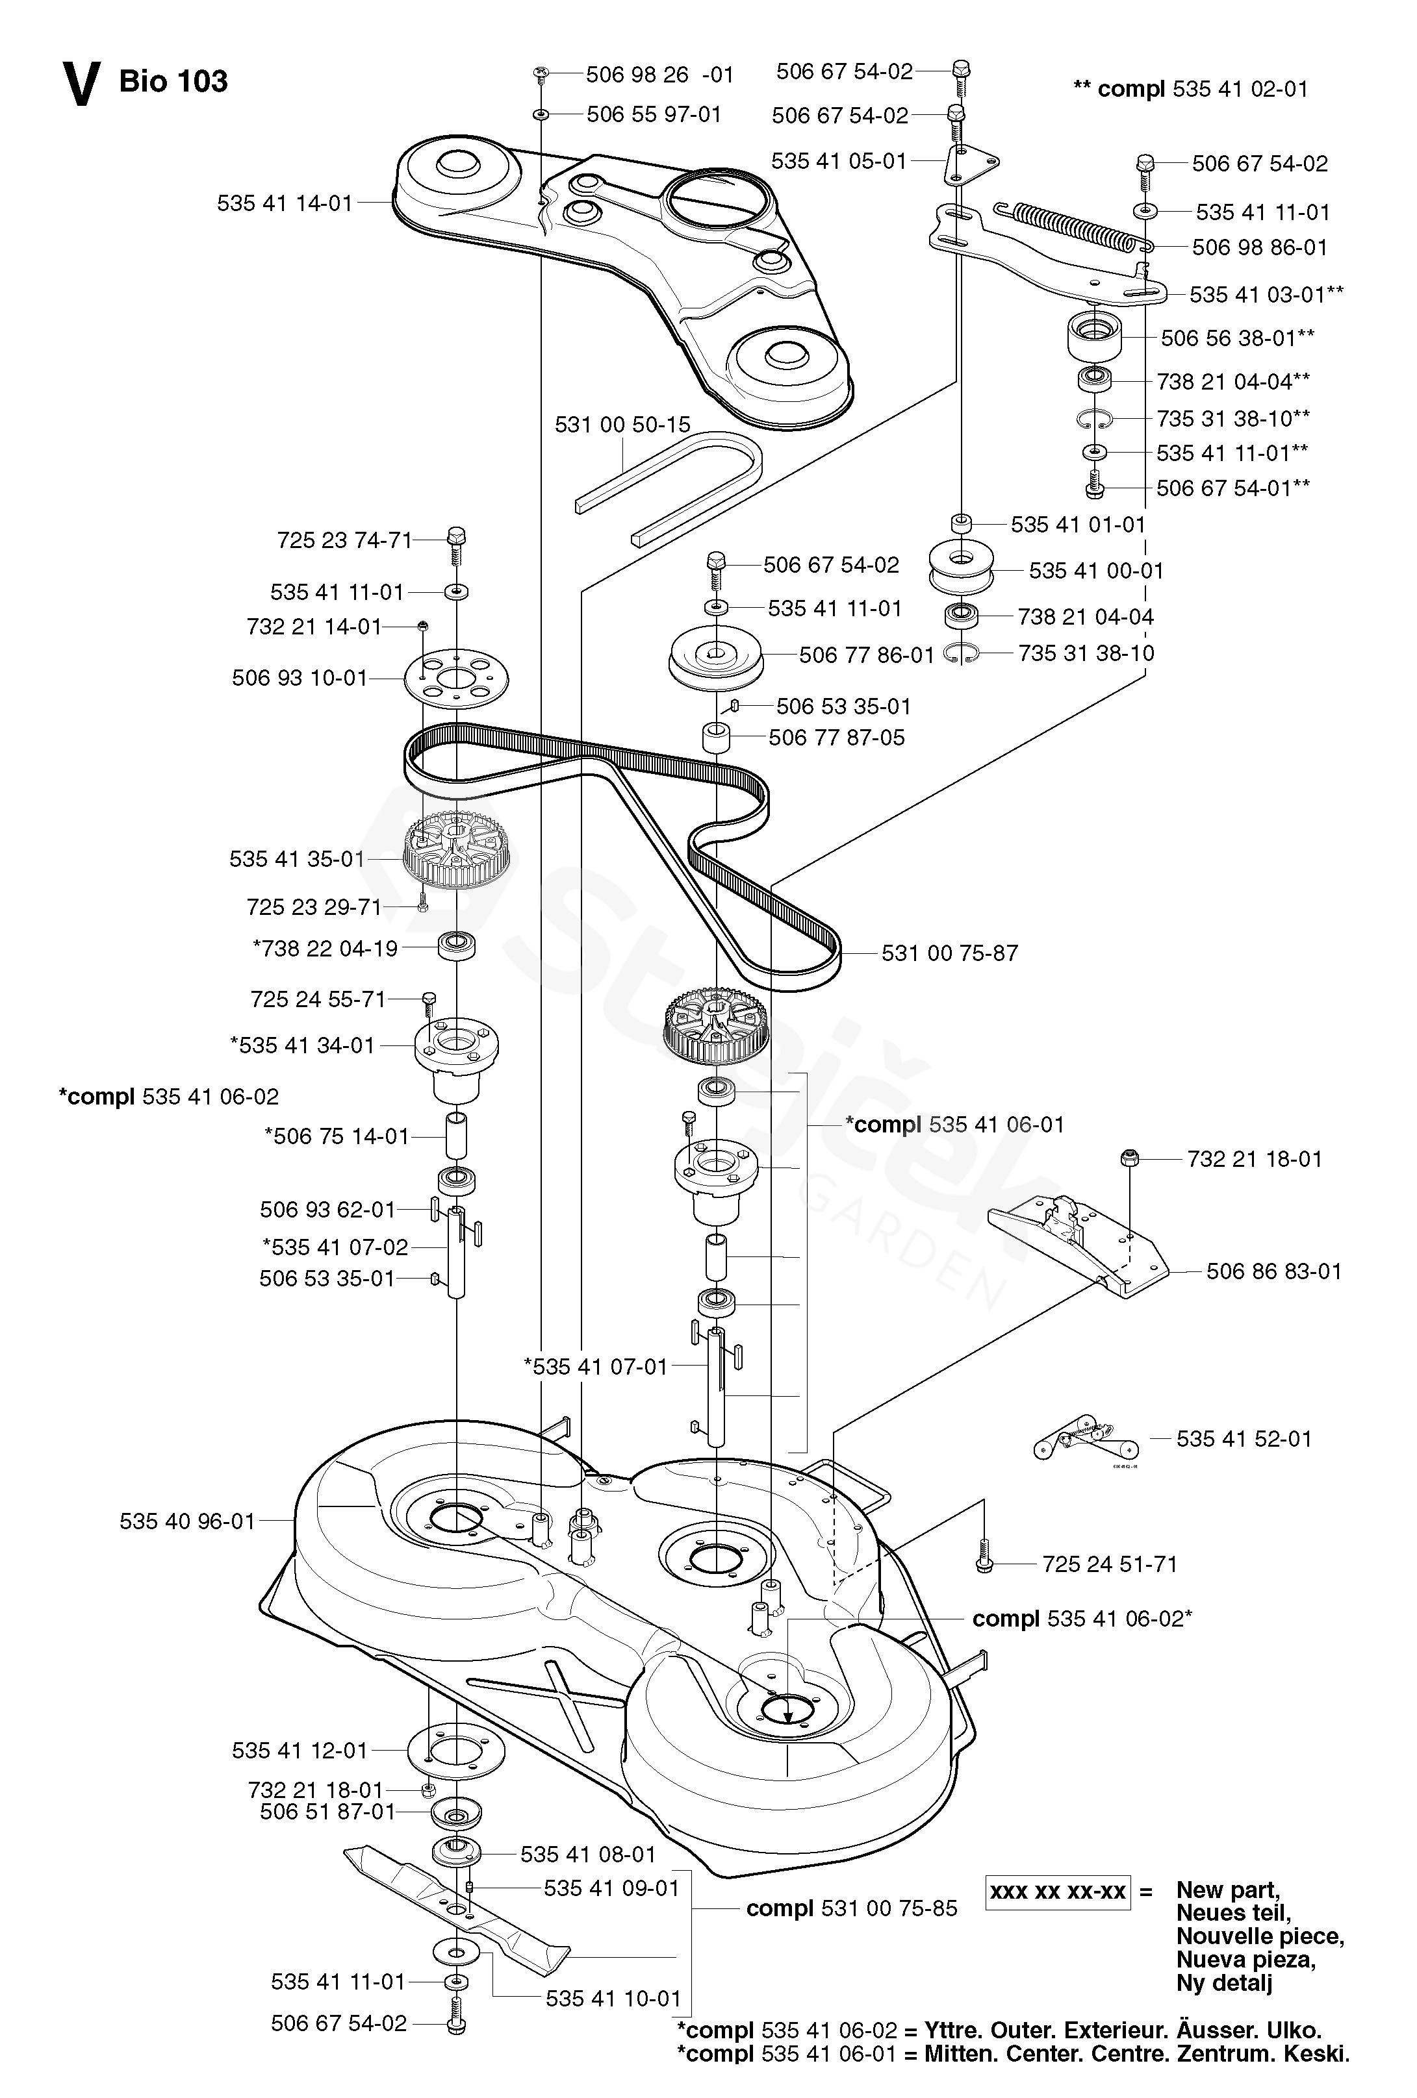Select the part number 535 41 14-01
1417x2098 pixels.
[x=285, y=203]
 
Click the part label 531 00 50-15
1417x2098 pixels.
[x=622, y=424]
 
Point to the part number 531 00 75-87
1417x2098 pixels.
[x=949, y=953]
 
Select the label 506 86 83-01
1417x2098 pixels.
[x=1273, y=1271]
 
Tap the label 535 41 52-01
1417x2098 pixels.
[x=1244, y=1439]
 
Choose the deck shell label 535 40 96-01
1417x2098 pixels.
[x=188, y=1521]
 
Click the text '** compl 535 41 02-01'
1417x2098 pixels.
[x=1190, y=88]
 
